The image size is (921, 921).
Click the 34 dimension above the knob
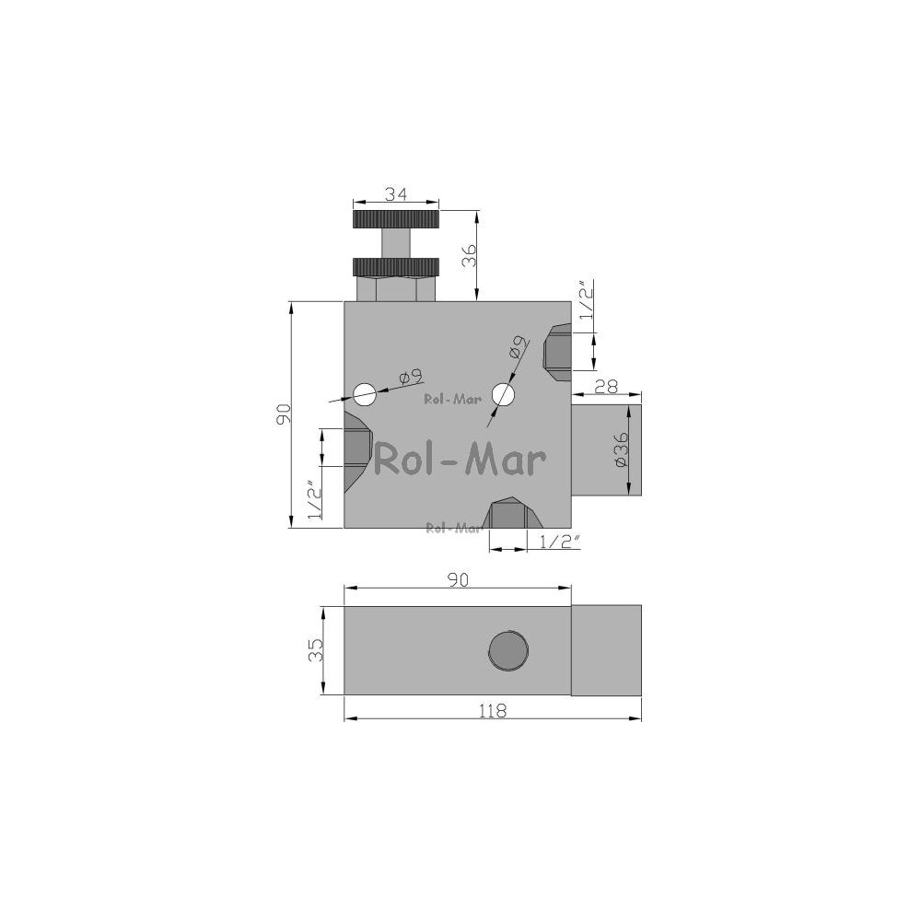(396, 193)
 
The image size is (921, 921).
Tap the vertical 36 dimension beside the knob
(469, 254)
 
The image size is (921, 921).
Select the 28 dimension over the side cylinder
(606, 386)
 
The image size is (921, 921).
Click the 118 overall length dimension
(492, 711)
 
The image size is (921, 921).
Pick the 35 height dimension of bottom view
(316, 650)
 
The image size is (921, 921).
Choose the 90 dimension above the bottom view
(458, 579)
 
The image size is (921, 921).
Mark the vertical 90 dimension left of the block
(283, 414)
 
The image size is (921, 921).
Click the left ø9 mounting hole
(364, 393)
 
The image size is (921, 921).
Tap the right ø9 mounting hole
(504, 395)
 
